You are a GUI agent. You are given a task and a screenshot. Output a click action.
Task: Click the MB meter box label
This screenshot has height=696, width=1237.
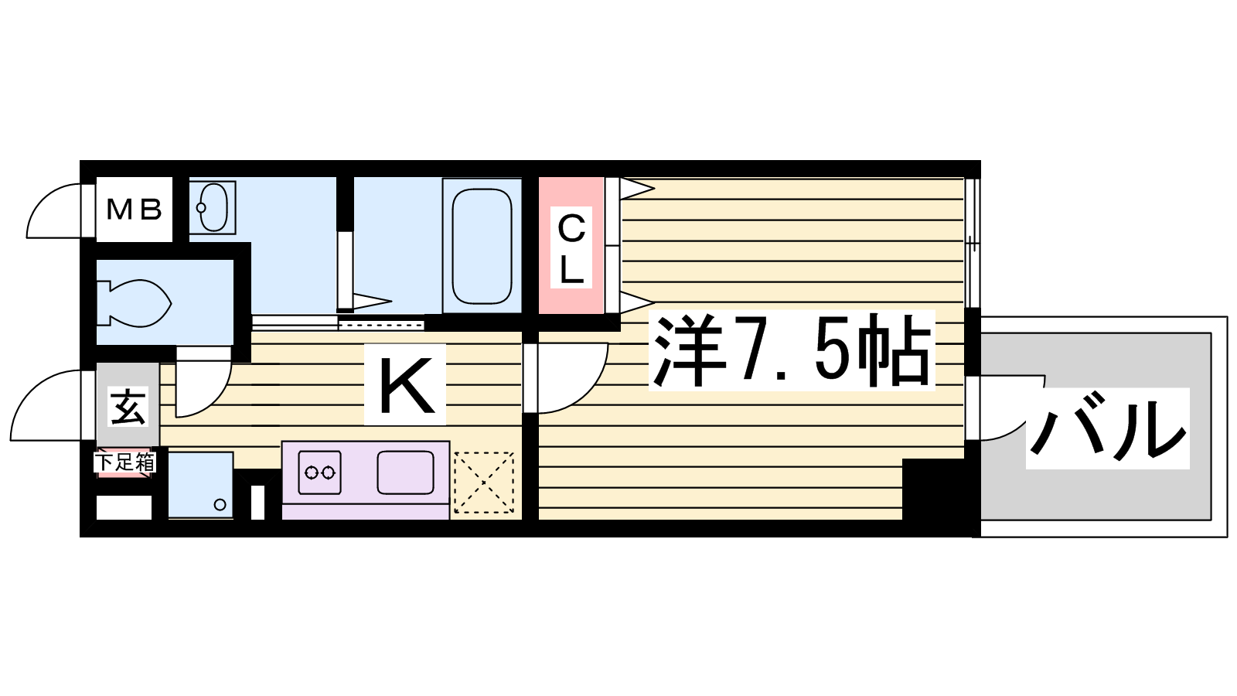135,210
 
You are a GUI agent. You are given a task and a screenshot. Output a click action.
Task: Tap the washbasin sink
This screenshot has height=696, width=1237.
213,207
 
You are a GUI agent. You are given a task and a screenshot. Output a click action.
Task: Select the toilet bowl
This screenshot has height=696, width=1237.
135,303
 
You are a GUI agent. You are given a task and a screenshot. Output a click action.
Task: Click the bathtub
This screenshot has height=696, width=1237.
482,246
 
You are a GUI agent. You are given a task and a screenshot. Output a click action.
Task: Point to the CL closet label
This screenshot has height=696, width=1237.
571,247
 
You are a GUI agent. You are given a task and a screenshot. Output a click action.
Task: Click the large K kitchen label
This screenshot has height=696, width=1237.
405,384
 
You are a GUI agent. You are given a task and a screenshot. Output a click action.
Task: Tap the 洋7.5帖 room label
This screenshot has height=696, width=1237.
792,350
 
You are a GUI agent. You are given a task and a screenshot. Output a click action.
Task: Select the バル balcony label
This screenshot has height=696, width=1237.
1107,428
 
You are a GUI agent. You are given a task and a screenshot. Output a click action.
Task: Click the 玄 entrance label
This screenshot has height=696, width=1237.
128,406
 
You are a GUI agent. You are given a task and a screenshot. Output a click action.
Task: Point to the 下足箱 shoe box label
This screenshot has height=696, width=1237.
124,462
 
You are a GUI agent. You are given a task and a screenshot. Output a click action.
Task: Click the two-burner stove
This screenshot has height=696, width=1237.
320,473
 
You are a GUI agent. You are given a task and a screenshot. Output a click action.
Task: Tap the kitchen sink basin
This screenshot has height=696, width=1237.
405,473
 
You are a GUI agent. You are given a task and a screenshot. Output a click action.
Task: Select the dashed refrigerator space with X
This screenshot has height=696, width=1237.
484,483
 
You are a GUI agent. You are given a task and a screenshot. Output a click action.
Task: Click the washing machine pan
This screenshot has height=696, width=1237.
200,485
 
